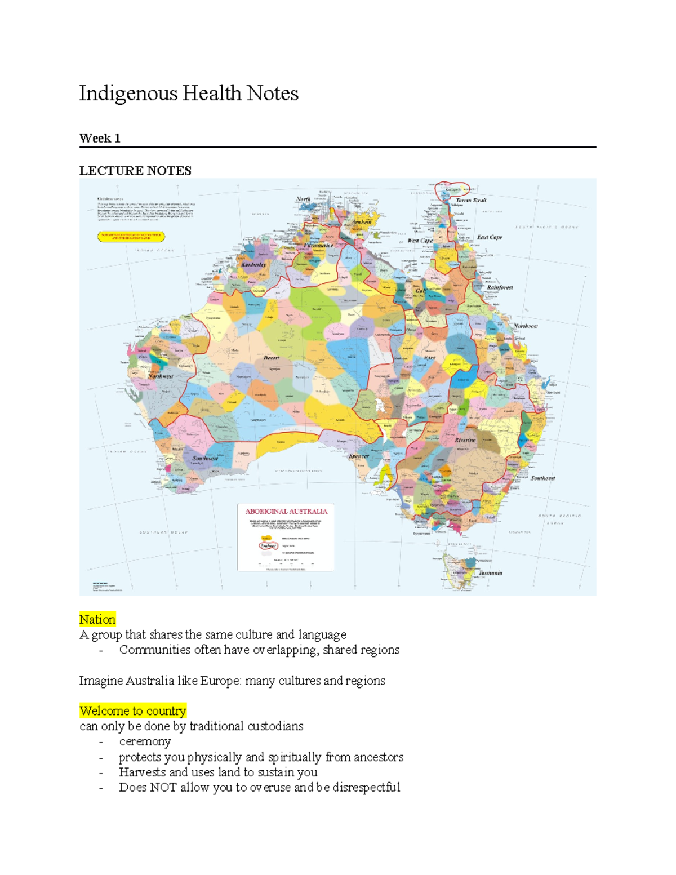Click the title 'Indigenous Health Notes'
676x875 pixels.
[x=188, y=94]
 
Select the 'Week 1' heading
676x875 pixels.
[x=100, y=138]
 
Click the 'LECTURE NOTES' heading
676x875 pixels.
[x=135, y=171]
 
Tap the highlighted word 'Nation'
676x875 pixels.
[x=97, y=619]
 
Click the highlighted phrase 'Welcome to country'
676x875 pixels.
[x=132, y=710]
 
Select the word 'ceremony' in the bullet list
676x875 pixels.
[x=145, y=741]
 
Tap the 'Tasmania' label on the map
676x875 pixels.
[x=490, y=572]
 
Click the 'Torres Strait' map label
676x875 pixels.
[x=471, y=200]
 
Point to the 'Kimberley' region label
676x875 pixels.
[x=253, y=264]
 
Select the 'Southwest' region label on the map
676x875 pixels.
[x=205, y=458]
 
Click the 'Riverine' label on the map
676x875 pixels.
[x=465, y=440]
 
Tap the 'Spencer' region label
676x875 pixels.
[x=359, y=456]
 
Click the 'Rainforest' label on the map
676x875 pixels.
[x=500, y=287]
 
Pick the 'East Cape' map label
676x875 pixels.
[x=489, y=237]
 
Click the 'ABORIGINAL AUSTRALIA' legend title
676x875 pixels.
[x=286, y=511]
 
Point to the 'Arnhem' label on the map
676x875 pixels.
[x=362, y=222]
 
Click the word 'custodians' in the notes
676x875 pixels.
[x=275, y=726]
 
